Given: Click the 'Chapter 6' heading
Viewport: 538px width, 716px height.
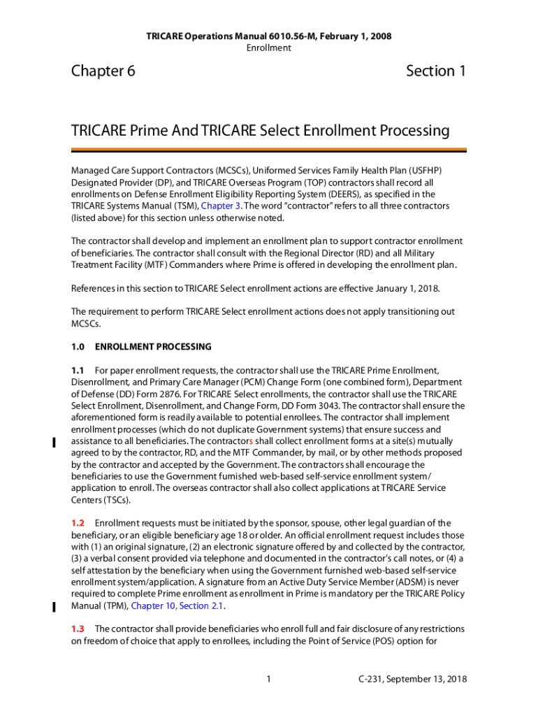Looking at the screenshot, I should (x=103, y=71).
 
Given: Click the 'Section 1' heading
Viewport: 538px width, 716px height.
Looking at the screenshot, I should (x=435, y=71).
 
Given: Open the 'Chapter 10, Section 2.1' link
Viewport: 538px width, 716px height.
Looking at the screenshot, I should (x=178, y=606).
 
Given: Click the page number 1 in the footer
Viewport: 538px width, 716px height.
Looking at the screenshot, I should (x=269, y=679).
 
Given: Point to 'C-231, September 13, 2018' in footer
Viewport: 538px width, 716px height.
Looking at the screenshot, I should (x=412, y=679).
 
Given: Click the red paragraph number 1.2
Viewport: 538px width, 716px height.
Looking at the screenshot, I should (x=78, y=523).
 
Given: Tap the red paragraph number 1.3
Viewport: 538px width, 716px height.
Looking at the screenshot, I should (x=78, y=629).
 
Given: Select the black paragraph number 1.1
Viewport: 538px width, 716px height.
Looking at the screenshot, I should (x=78, y=370).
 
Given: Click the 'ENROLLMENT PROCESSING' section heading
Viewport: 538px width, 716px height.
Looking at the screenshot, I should (x=153, y=347).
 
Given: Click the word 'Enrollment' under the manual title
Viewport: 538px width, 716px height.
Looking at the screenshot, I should (x=268, y=48).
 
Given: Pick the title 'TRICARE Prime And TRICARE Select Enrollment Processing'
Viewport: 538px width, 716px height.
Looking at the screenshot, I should (x=260, y=131).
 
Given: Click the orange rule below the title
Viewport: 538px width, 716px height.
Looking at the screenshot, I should (x=268, y=150).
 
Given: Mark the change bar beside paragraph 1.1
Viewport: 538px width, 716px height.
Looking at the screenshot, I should (x=54, y=442).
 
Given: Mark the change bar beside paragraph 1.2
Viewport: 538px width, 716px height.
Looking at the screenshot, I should (x=54, y=606).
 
